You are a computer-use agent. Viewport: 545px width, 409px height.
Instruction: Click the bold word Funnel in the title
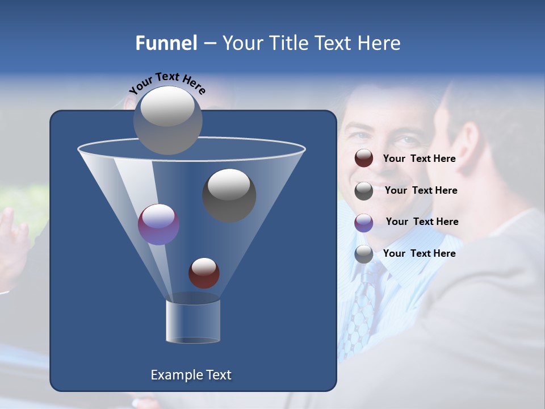pyautogui.click(x=166, y=43)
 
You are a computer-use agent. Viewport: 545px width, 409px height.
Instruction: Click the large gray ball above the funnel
pyautogui.click(x=168, y=120)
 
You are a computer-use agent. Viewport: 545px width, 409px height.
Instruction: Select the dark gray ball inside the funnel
pyautogui.click(x=229, y=195)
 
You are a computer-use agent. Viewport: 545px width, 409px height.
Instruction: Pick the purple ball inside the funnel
pyautogui.click(x=158, y=224)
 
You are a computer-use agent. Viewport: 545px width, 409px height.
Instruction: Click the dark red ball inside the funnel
pyautogui.click(x=204, y=273)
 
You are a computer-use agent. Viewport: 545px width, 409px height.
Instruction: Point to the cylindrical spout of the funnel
pyautogui.click(x=192, y=322)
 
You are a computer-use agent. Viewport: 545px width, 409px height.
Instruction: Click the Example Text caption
pyautogui.click(x=191, y=375)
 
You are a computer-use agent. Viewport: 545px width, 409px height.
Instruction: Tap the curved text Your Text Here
pyautogui.click(x=167, y=83)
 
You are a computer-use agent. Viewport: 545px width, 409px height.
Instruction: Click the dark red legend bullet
pyautogui.click(x=364, y=158)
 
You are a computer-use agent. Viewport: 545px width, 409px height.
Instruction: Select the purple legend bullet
pyautogui.click(x=364, y=223)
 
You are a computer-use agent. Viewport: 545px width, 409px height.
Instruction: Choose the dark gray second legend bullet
pyautogui.click(x=364, y=191)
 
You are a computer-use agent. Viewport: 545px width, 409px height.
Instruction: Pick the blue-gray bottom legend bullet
pyautogui.click(x=364, y=254)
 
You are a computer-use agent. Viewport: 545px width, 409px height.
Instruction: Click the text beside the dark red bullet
pyautogui.click(x=419, y=158)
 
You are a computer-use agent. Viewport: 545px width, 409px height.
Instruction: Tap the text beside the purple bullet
pyautogui.click(x=422, y=222)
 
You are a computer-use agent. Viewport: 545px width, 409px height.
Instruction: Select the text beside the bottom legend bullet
pyautogui.click(x=419, y=253)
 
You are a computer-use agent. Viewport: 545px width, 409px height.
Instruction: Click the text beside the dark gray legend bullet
pyautogui.click(x=421, y=190)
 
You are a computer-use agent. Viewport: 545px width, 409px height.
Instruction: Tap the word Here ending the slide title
pyautogui.click(x=380, y=43)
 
